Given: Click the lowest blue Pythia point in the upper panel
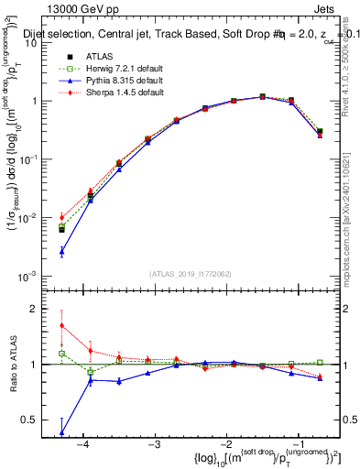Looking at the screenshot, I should point(61,251).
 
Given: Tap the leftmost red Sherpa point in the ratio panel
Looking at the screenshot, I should point(61,325).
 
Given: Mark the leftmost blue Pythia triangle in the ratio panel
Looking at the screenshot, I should point(61,432).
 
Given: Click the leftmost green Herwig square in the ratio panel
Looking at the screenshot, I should point(61,353).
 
